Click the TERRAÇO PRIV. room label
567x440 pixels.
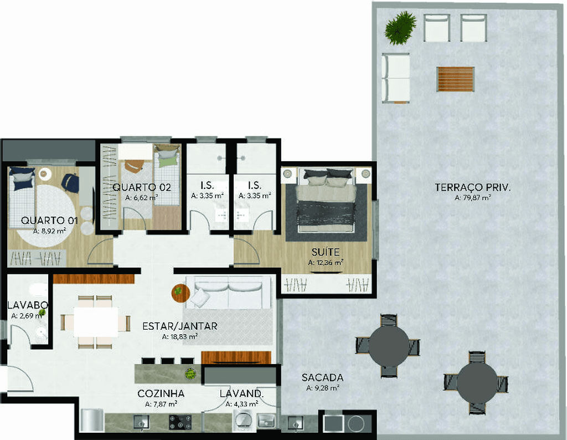click(473, 187)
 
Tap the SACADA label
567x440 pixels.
click(322, 377)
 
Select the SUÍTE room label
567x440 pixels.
click(326, 252)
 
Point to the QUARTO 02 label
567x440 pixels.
click(141, 187)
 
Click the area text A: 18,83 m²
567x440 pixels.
click(180, 336)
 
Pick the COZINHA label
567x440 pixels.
click(161, 393)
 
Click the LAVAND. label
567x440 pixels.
click(241, 393)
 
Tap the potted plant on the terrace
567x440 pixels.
click(400, 28)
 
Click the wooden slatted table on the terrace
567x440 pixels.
click(455, 79)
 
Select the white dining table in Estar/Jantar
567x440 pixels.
click(96, 322)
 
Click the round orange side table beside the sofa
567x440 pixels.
click(181, 293)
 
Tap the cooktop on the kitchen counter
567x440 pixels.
click(180, 422)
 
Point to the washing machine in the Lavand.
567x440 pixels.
click(244, 422)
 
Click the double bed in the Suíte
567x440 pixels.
click(326, 200)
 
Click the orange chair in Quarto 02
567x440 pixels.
click(133, 166)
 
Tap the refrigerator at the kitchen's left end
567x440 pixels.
click(91, 420)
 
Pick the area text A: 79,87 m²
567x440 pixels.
click(473, 198)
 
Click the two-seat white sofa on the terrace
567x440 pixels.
click(395, 78)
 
